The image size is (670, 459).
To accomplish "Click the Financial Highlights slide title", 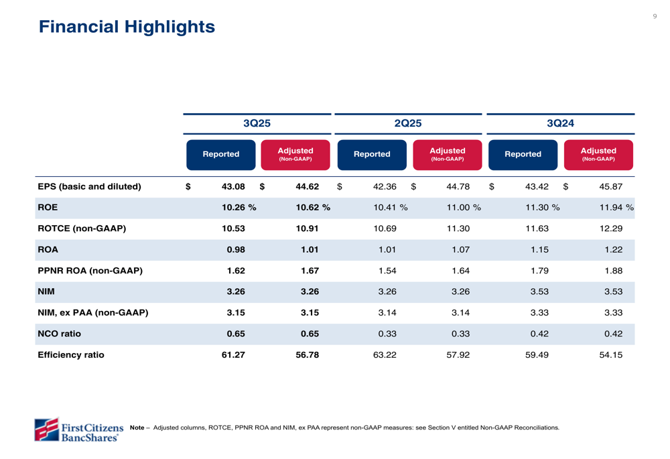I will (x=127, y=27).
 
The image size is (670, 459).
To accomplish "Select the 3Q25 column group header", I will (x=257, y=124).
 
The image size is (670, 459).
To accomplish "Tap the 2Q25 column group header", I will (x=408, y=124).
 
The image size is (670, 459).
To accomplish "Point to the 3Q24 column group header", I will (x=560, y=124).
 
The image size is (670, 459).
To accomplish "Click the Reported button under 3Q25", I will (x=221, y=154).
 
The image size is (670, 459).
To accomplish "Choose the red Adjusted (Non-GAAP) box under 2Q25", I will (x=448, y=154).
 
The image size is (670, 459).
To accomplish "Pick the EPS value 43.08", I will (x=233, y=187).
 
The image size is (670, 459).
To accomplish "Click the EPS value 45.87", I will (x=611, y=187).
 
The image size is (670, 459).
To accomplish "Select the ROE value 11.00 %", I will (x=464, y=208).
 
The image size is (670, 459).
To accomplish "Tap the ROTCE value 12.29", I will (x=611, y=228).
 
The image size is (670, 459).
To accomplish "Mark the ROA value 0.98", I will (x=236, y=250).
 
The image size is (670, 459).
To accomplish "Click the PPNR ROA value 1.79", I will (x=539, y=271).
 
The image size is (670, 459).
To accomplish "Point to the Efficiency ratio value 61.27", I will (x=233, y=355).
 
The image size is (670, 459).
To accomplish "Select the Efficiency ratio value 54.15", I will (x=611, y=355).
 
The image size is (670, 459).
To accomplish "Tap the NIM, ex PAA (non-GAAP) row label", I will (x=92, y=313).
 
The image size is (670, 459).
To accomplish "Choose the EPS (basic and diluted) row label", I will (x=89, y=187).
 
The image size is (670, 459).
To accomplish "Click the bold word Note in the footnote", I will (x=137, y=428).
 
